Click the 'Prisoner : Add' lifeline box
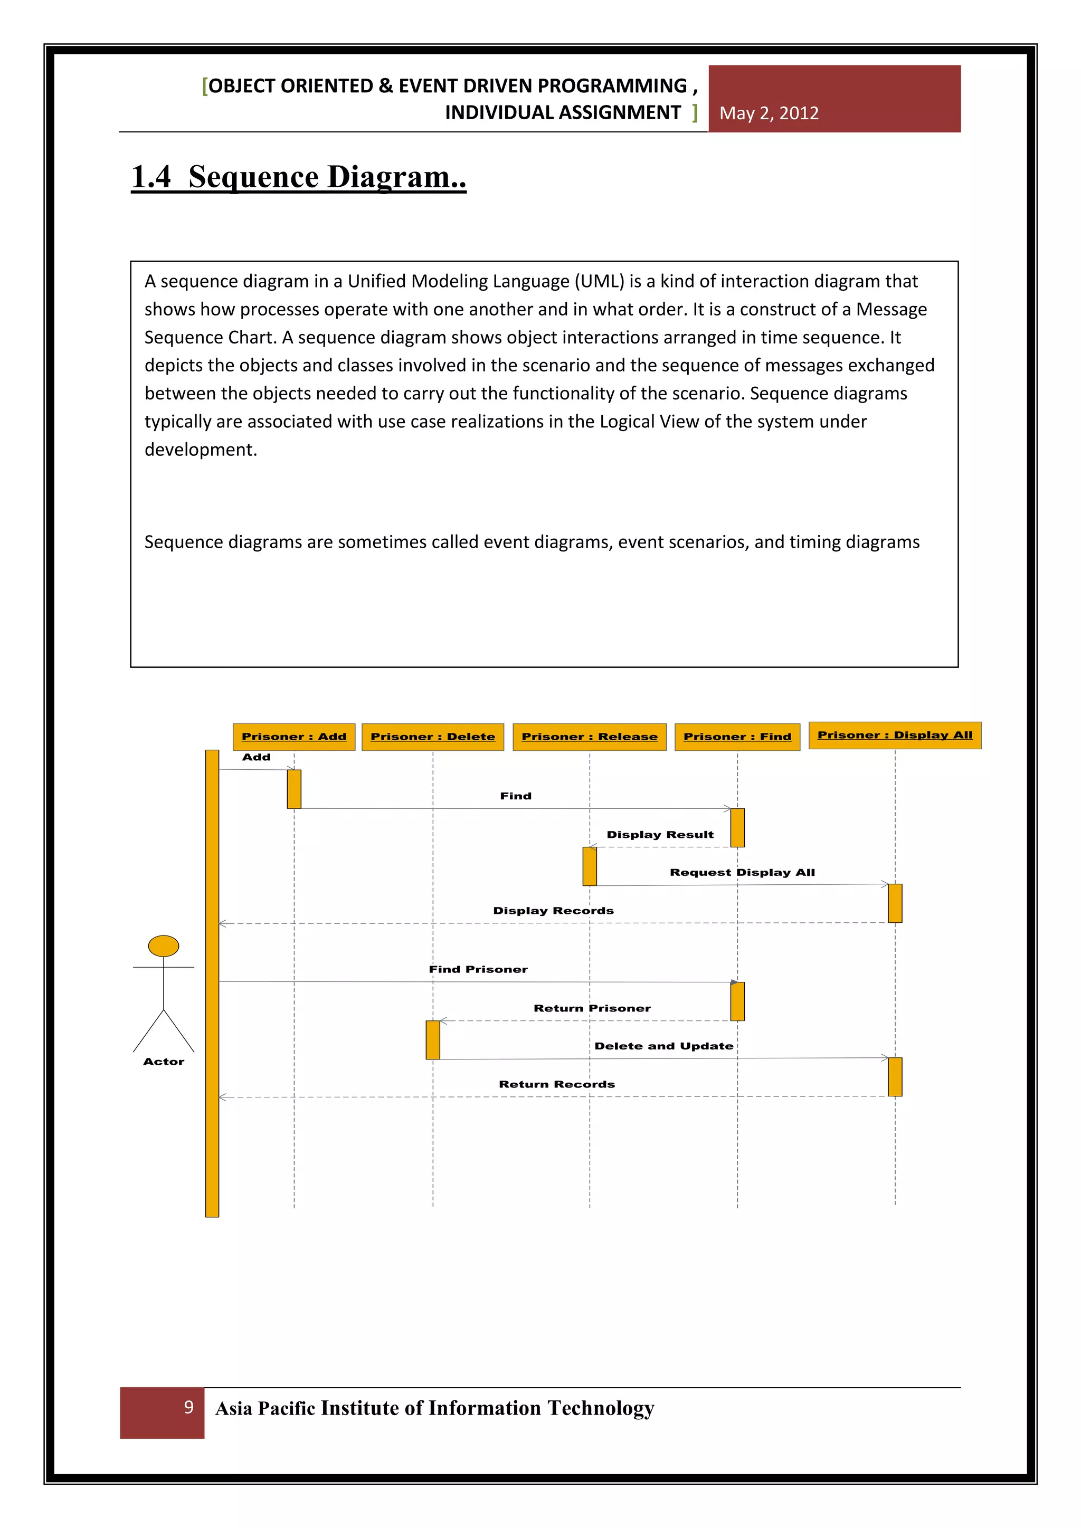(x=293, y=737)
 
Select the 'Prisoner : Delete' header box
(x=433, y=737)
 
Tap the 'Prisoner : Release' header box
(x=589, y=737)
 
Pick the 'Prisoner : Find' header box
(x=737, y=737)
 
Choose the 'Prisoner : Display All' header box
(x=895, y=736)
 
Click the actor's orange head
(x=163, y=946)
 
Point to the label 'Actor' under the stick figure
(x=164, y=1062)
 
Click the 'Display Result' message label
(x=660, y=835)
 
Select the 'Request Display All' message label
(x=742, y=873)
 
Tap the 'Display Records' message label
(x=553, y=910)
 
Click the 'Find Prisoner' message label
(x=478, y=969)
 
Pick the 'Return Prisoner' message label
(x=592, y=1008)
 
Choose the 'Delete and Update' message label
(x=663, y=1046)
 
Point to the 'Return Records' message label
(x=556, y=1084)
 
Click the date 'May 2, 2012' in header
(x=769, y=113)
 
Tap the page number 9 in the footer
(x=189, y=1407)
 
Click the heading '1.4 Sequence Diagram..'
(x=299, y=177)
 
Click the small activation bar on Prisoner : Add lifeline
(x=293, y=789)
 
